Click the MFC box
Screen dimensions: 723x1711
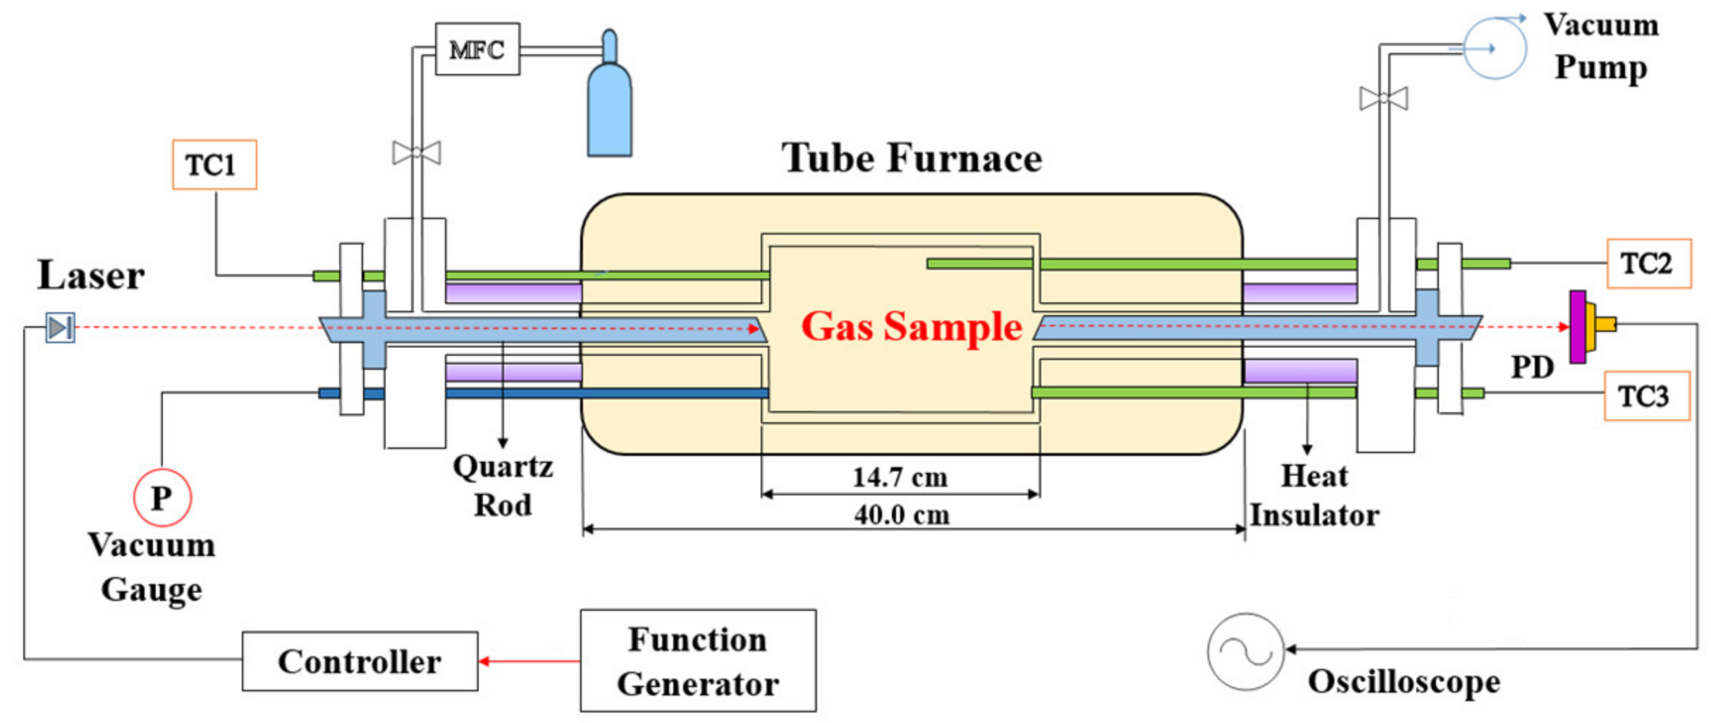(477, 49)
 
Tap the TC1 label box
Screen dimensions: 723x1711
(214, 165)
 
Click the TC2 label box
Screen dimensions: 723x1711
(1648, 264)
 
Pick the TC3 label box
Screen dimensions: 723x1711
(1646, 396)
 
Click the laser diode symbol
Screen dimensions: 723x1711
(60, 328)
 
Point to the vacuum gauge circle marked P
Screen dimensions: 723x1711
(162, 498)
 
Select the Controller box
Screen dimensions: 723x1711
(360, 661)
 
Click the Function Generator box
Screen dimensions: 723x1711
(698, 661)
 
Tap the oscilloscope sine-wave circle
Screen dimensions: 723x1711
(1245, 651)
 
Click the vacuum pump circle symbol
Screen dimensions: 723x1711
(1495, 48)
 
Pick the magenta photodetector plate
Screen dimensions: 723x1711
(1578, 327)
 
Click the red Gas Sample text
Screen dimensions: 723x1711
(911, 327)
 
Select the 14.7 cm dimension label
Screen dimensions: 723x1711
(900, 478)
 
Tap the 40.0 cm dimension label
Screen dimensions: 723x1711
(901, 515)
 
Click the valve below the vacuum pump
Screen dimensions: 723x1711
(1383, 99)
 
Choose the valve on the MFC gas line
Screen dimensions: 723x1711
(417, 152)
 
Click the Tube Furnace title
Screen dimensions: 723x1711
(911, 158)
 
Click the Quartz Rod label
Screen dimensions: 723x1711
(502, 486)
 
